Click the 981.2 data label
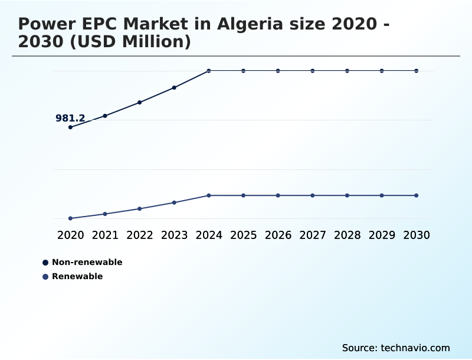point(70,119)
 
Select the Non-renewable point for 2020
point(70,127)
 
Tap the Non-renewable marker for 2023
point(174,88)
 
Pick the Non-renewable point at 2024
point(209,71)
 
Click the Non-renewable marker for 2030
point(417,71)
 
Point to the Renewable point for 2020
point(70,218)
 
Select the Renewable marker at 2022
point(140,209)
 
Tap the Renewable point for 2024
point(209,195)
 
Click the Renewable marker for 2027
point(313,195)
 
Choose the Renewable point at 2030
point(417,195)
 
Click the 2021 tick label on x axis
point(105,235)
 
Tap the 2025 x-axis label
point(243,235)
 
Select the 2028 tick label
point(347,235)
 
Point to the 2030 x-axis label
point(417,235)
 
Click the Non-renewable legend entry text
point(87,262)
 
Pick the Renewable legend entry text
point(77,276)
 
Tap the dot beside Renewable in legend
point(45,277)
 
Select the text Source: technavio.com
point(396,348)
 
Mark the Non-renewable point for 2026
point(278,71)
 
